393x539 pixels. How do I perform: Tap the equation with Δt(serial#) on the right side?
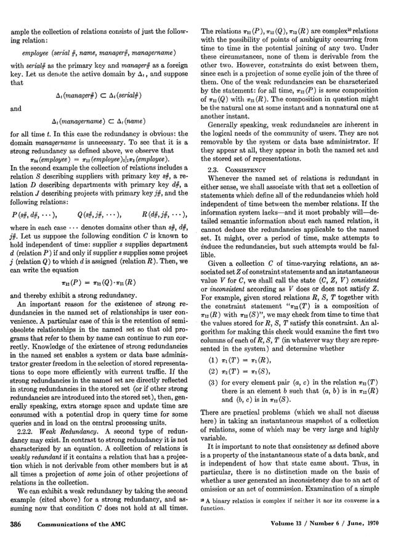point(100,94)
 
